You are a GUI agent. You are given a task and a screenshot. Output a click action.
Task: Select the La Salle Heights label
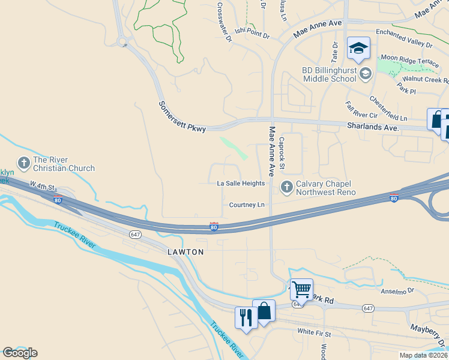tap(240, 184)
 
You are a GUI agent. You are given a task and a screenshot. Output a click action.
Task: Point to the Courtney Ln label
tap(247, 205)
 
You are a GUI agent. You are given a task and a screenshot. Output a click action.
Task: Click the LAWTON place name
tap(185, 252)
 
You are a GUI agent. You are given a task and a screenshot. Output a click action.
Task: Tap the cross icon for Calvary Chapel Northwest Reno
tap(286, 188)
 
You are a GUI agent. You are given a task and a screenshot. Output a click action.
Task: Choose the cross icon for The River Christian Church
tap(24, 163)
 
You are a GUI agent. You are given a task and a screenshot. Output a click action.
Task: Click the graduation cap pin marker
tap(358, 49)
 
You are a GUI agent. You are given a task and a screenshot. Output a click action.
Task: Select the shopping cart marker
tap(301, 290)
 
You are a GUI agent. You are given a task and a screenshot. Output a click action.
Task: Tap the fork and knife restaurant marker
tap(246, 316)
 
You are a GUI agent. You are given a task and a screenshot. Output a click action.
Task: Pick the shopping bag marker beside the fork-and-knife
tap(264, 311)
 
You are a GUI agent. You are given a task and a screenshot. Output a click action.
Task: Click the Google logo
tap(20, 353)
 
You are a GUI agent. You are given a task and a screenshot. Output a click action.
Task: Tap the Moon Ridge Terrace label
tap(410, 60)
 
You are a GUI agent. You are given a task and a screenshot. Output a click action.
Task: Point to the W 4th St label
tap(43, 190)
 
